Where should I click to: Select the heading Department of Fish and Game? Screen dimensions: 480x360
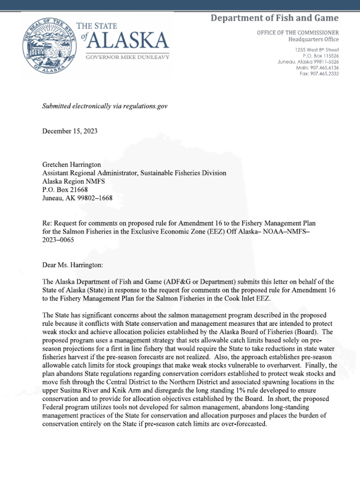pyautogui.click(x=274, y=18)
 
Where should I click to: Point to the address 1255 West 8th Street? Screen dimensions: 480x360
pyautogui.click(x=317, y=50)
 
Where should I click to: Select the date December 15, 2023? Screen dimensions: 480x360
pyautogui.click(x=70, y=131)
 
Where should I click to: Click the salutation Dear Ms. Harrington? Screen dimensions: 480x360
pyautogui.click(x=75, y=265)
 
